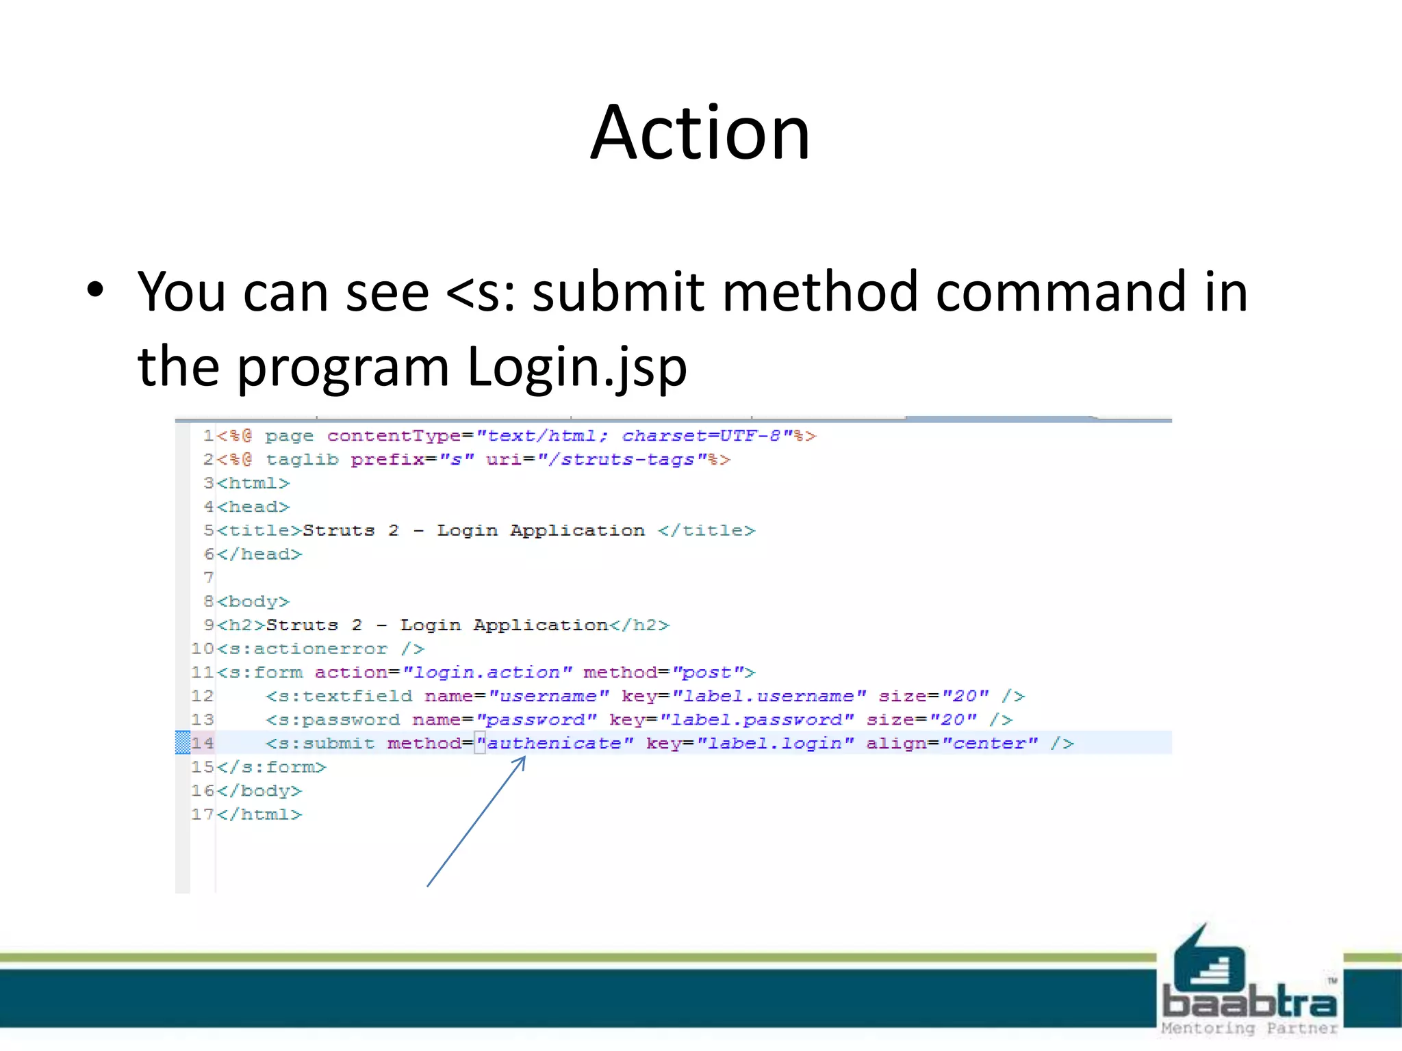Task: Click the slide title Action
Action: point(700,133)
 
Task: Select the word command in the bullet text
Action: point(1061,291)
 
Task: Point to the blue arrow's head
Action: point(524,759)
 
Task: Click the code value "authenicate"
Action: point(555,744)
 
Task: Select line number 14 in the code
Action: point(203,743)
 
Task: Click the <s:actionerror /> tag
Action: point(321,649)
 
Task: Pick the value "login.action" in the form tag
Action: point(487,673)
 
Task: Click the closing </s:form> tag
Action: point(272,767)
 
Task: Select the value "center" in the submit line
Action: point(989,744)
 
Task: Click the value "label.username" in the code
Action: point(769,697)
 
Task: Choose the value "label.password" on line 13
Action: point(756,720)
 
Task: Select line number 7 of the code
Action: point(208,578)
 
